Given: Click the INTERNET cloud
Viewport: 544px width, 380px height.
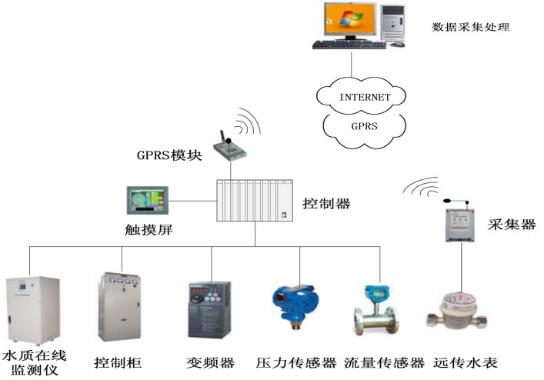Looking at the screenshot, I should tap(364, 97).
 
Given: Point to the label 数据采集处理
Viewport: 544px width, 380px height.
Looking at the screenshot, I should tap(472, 28).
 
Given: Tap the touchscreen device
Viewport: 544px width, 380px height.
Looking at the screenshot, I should tap(149, 202).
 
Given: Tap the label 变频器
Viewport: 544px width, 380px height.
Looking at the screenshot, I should tap(210, 362).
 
